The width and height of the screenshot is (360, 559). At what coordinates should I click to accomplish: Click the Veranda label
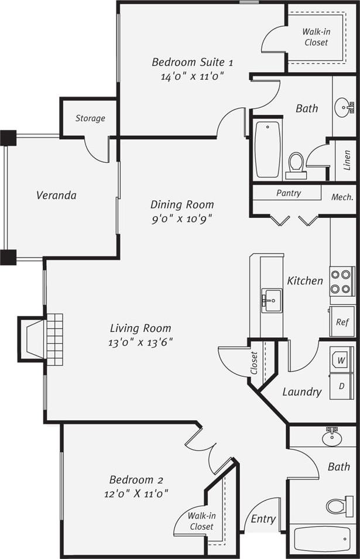tap(56, 195)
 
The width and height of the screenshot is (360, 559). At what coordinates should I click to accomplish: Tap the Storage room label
tap(90, 118)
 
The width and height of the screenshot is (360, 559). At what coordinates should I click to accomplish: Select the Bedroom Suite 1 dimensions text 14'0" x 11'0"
tap(193, 76)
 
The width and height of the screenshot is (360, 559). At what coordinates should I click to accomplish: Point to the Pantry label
tap(289, 193)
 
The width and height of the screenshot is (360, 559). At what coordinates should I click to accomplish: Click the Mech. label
tap(342, 197)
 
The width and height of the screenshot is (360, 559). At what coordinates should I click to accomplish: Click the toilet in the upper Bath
tap(296, 164)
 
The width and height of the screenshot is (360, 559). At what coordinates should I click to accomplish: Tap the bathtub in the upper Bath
tap(268, 149)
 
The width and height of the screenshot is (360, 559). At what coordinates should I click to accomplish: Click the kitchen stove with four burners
tap(342, 282)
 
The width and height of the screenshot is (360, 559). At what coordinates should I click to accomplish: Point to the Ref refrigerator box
tap(342, 321)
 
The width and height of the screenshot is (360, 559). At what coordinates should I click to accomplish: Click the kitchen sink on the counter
tap(272, 300)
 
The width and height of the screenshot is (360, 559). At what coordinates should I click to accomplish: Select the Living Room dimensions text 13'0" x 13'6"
tap(140, 342)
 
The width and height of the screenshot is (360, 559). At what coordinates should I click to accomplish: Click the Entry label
tap(263, 519)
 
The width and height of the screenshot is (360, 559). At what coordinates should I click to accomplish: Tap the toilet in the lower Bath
tap(340, 505)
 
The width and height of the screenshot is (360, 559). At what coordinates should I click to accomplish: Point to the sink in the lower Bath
tap(332, 437)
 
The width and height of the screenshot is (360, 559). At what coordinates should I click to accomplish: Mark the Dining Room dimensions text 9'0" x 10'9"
tap(182, 218)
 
